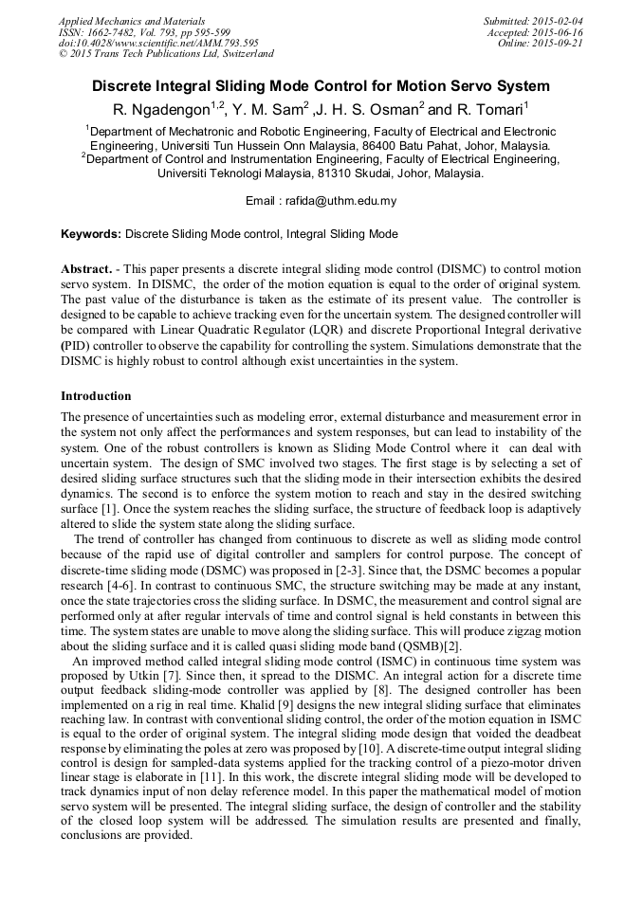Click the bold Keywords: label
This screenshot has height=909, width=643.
coord(91,233)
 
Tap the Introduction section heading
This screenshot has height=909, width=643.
coord(96,396)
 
